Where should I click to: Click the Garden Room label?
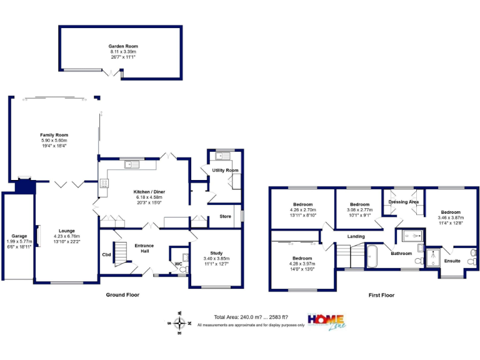pos(122,46)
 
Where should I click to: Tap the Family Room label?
pos(54,135)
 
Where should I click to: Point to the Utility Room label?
pos(221,171)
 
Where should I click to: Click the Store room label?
pos(225,217)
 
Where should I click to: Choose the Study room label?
pos(216,253)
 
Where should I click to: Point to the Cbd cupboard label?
pos(107,254)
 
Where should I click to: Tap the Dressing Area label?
pos(403,202)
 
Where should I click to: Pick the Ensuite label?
pos(452,261)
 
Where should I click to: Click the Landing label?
pos(356,236)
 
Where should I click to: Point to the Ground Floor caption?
pos(124,294)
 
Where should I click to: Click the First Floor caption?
pos(381,295)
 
